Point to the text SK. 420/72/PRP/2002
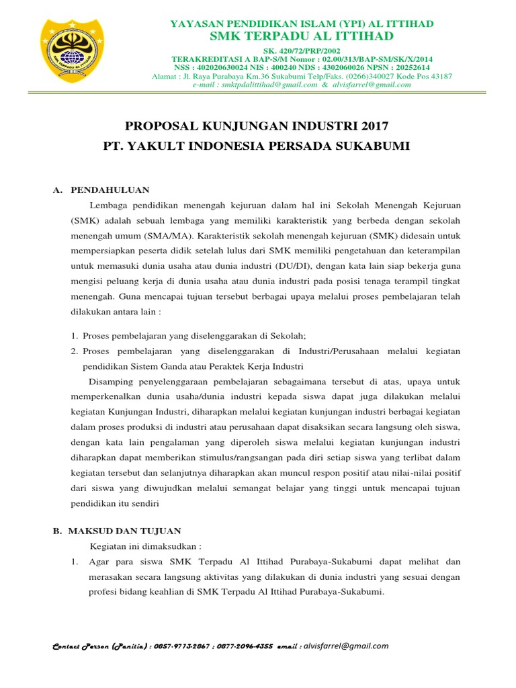301,51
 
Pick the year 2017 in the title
374,126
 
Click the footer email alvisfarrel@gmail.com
346,646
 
